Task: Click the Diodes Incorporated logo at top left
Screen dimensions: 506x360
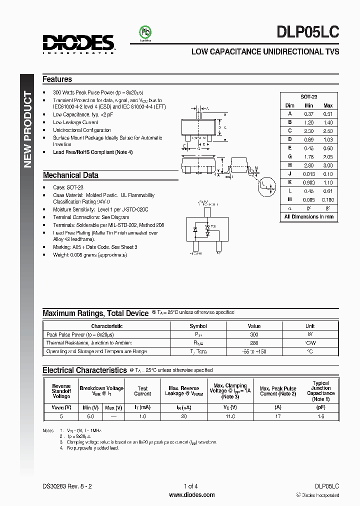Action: pos(78,44)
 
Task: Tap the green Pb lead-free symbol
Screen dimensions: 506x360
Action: pos(145,32)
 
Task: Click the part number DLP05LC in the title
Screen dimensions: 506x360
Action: pos(307,32)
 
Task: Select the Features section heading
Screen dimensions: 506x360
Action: pos(57,79)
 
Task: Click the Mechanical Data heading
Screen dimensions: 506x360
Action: pos(70,175)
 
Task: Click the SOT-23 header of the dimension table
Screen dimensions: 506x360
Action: pos(308,97)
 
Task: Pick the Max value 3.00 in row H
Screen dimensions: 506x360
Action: pos(328,165)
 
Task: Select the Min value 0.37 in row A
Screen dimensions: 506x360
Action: pos(308,114)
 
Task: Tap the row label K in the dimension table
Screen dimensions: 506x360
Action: pos(289,182)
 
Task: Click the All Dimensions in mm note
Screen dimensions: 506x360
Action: pos(308,217)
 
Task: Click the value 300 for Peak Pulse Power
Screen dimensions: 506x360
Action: pos(254,334)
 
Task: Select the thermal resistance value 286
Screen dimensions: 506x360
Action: pos(254,343)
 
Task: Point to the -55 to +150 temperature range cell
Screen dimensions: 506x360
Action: pos(254,351)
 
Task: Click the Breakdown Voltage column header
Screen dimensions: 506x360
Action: pos(101,389)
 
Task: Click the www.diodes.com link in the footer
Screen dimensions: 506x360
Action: pos(192,495)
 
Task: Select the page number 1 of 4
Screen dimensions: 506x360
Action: pos(191,486)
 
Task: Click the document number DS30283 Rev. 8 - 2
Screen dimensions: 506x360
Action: pos(67,486)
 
